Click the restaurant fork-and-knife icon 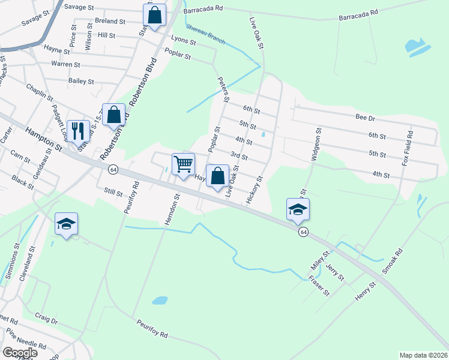(77, 130)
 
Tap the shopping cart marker (183, 163)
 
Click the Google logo (19, 353)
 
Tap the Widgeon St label (316, 143)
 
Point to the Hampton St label (43, 137)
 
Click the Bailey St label (81, 81)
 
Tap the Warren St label (65, 64)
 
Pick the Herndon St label (173, 209)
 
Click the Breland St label (110, 21)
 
